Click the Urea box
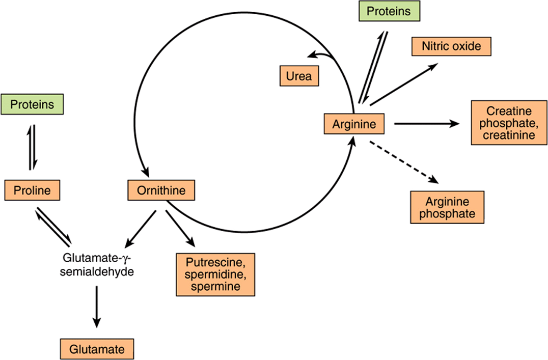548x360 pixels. pos(299,76)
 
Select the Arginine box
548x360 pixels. pos(354,124)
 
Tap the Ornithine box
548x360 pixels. pos(161,190)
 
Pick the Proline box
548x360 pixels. pos(32,190)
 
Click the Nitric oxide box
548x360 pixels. pos(452,46)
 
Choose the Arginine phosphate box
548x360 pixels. pos(447,207)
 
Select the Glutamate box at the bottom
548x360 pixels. pos(97,349)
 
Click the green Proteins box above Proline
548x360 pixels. pos(32,104)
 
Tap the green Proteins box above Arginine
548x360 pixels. pos(389,11)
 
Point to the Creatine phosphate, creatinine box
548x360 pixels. pos(509,123)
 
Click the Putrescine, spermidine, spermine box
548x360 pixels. pos(215,275)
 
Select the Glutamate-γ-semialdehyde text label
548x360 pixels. pos(97,265)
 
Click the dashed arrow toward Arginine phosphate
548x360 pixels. pos(404,162)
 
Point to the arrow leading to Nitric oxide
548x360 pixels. pos(404,84)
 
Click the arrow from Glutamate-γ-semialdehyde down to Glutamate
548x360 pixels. pos(96,307)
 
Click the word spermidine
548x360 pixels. pos(215,275)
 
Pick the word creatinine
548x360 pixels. pos(509,135)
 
